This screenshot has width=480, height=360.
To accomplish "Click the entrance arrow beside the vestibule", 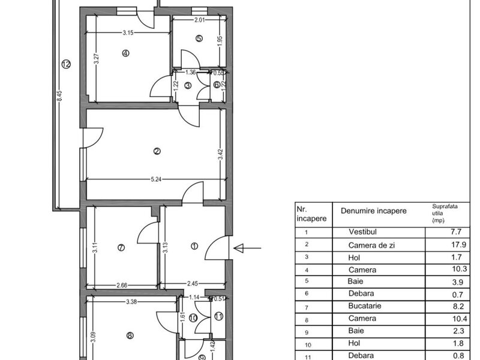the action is pyautogui.click(x=247, y=248).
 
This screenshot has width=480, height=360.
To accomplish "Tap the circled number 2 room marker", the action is pyautogui.click(x=157, y=151).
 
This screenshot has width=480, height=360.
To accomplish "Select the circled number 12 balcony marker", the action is pyautogui.click(x=66, y=64).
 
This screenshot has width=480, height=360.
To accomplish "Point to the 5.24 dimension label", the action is pyautogui.click(x=156, y=179).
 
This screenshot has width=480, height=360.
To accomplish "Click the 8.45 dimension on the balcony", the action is pyautogui.click(x=59, y=96).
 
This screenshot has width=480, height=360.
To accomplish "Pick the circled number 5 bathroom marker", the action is pyautogui.click(x=199, y=38).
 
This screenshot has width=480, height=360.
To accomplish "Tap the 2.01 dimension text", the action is pyautogui.click(x=200, y=20).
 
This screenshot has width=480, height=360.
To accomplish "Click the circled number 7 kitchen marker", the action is pyautogui.click(x=121, y=247).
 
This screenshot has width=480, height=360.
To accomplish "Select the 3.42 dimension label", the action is pyautogui.click(x=221, y=154).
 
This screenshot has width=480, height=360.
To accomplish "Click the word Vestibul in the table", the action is pyautogui.click(x=362, y=232).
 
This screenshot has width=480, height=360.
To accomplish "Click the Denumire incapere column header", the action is pyautogui.click(x=373, y=211).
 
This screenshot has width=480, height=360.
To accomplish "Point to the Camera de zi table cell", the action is pyautogui.click(x=371, y=245).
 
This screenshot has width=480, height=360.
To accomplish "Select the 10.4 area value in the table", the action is pyautogui.click(x=460, y=319).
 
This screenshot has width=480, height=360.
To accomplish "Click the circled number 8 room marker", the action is pyautogui.click(x=130, y=336).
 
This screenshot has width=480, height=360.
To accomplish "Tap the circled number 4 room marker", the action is pyautogui.click(x=125, y=53).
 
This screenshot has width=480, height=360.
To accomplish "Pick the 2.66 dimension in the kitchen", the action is pyautogui.click(x=122, y=286).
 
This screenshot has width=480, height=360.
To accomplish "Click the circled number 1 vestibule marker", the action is pyautogui.click(x=194, y=246).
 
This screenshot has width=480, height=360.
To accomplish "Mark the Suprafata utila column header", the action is pyautogui.click(x=445, y=213).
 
